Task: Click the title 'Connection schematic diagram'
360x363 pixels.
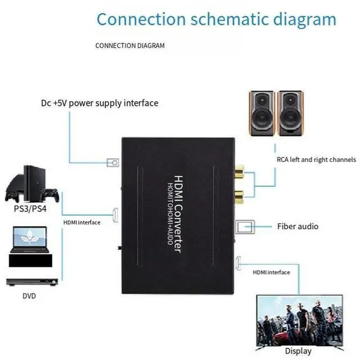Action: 217,19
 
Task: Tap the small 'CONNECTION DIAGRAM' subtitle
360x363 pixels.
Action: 130,46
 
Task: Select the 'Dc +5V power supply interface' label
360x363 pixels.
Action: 100,103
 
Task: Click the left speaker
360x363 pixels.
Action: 262,112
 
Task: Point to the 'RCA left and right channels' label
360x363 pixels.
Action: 316,159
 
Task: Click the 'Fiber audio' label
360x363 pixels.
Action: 298,226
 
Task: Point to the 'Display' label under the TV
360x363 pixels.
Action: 298,351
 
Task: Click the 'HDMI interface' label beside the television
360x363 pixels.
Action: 271,272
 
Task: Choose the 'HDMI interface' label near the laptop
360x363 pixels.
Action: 82,222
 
